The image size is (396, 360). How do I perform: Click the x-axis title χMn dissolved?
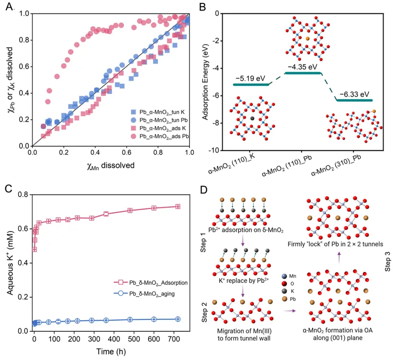point(111,165)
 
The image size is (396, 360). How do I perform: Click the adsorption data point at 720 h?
point(178,206)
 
